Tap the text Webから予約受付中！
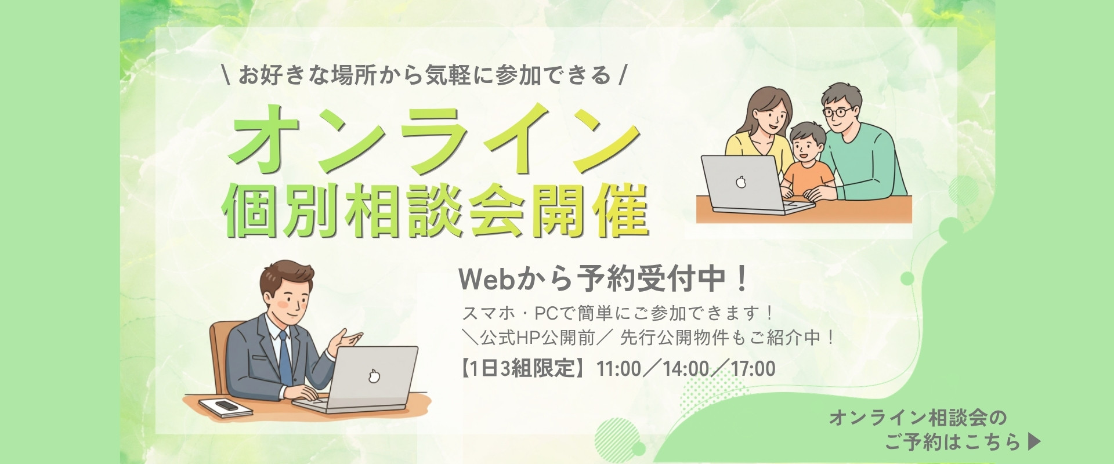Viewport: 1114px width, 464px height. [603, 280]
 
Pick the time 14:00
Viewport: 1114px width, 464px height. [689, 369]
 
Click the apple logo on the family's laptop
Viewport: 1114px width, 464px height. [740, 183]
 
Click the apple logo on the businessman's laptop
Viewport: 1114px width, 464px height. [374, 377]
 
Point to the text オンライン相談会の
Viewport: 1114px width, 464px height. [917, 418]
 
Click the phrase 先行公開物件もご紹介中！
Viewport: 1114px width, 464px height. [728, 338]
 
